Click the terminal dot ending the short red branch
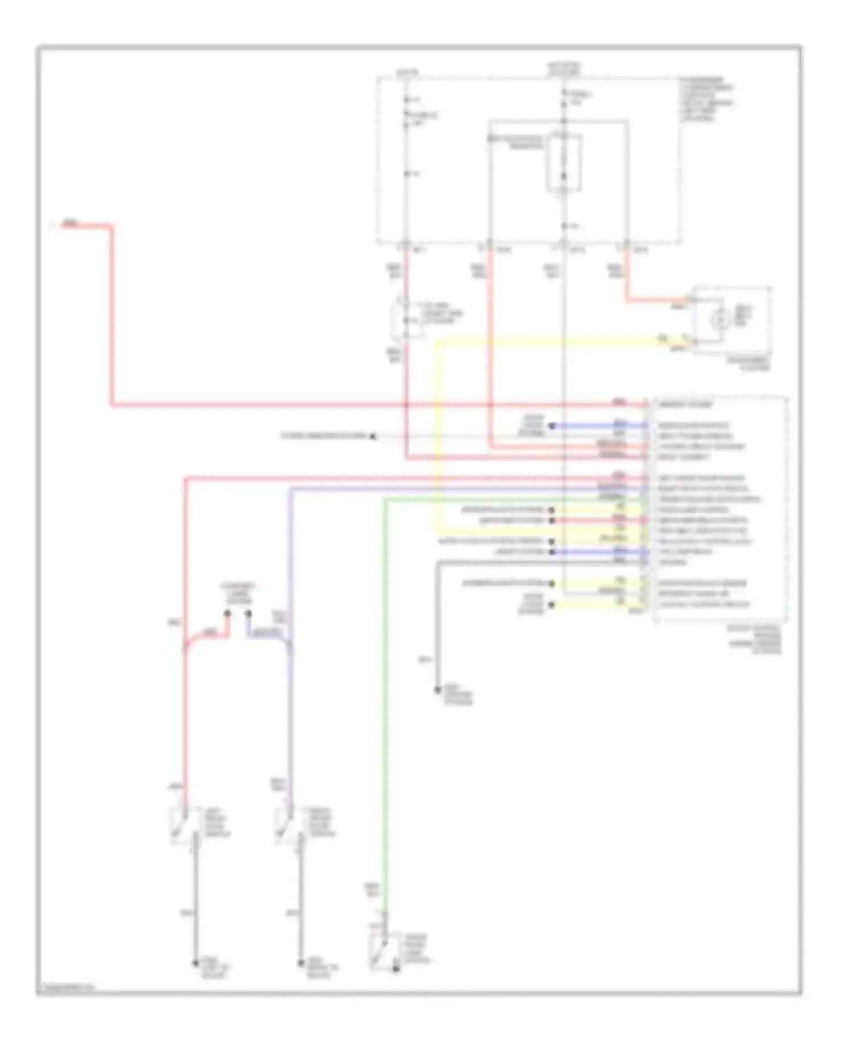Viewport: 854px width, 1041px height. pyautogui.click(x=227, y=613)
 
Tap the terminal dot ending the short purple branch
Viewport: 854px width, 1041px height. pyautogui.click(x=248, y=613)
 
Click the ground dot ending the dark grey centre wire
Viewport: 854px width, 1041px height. pyautogui.click(x=437, y=690)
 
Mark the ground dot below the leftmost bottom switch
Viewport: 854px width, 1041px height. pyautogui.click(x=195, y=963)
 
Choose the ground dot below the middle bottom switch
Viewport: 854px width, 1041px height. pyautogui.click(x=301, y=963)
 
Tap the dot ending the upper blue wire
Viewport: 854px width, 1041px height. pyautogui.click(x=551, y=425)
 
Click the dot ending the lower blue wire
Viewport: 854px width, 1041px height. pyautogui.click(x=551, y=552)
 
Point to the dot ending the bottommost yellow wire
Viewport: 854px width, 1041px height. pyautogui.click(x=551, y=604)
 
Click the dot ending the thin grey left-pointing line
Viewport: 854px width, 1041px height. pyautogui.click(x=373, y=436)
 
